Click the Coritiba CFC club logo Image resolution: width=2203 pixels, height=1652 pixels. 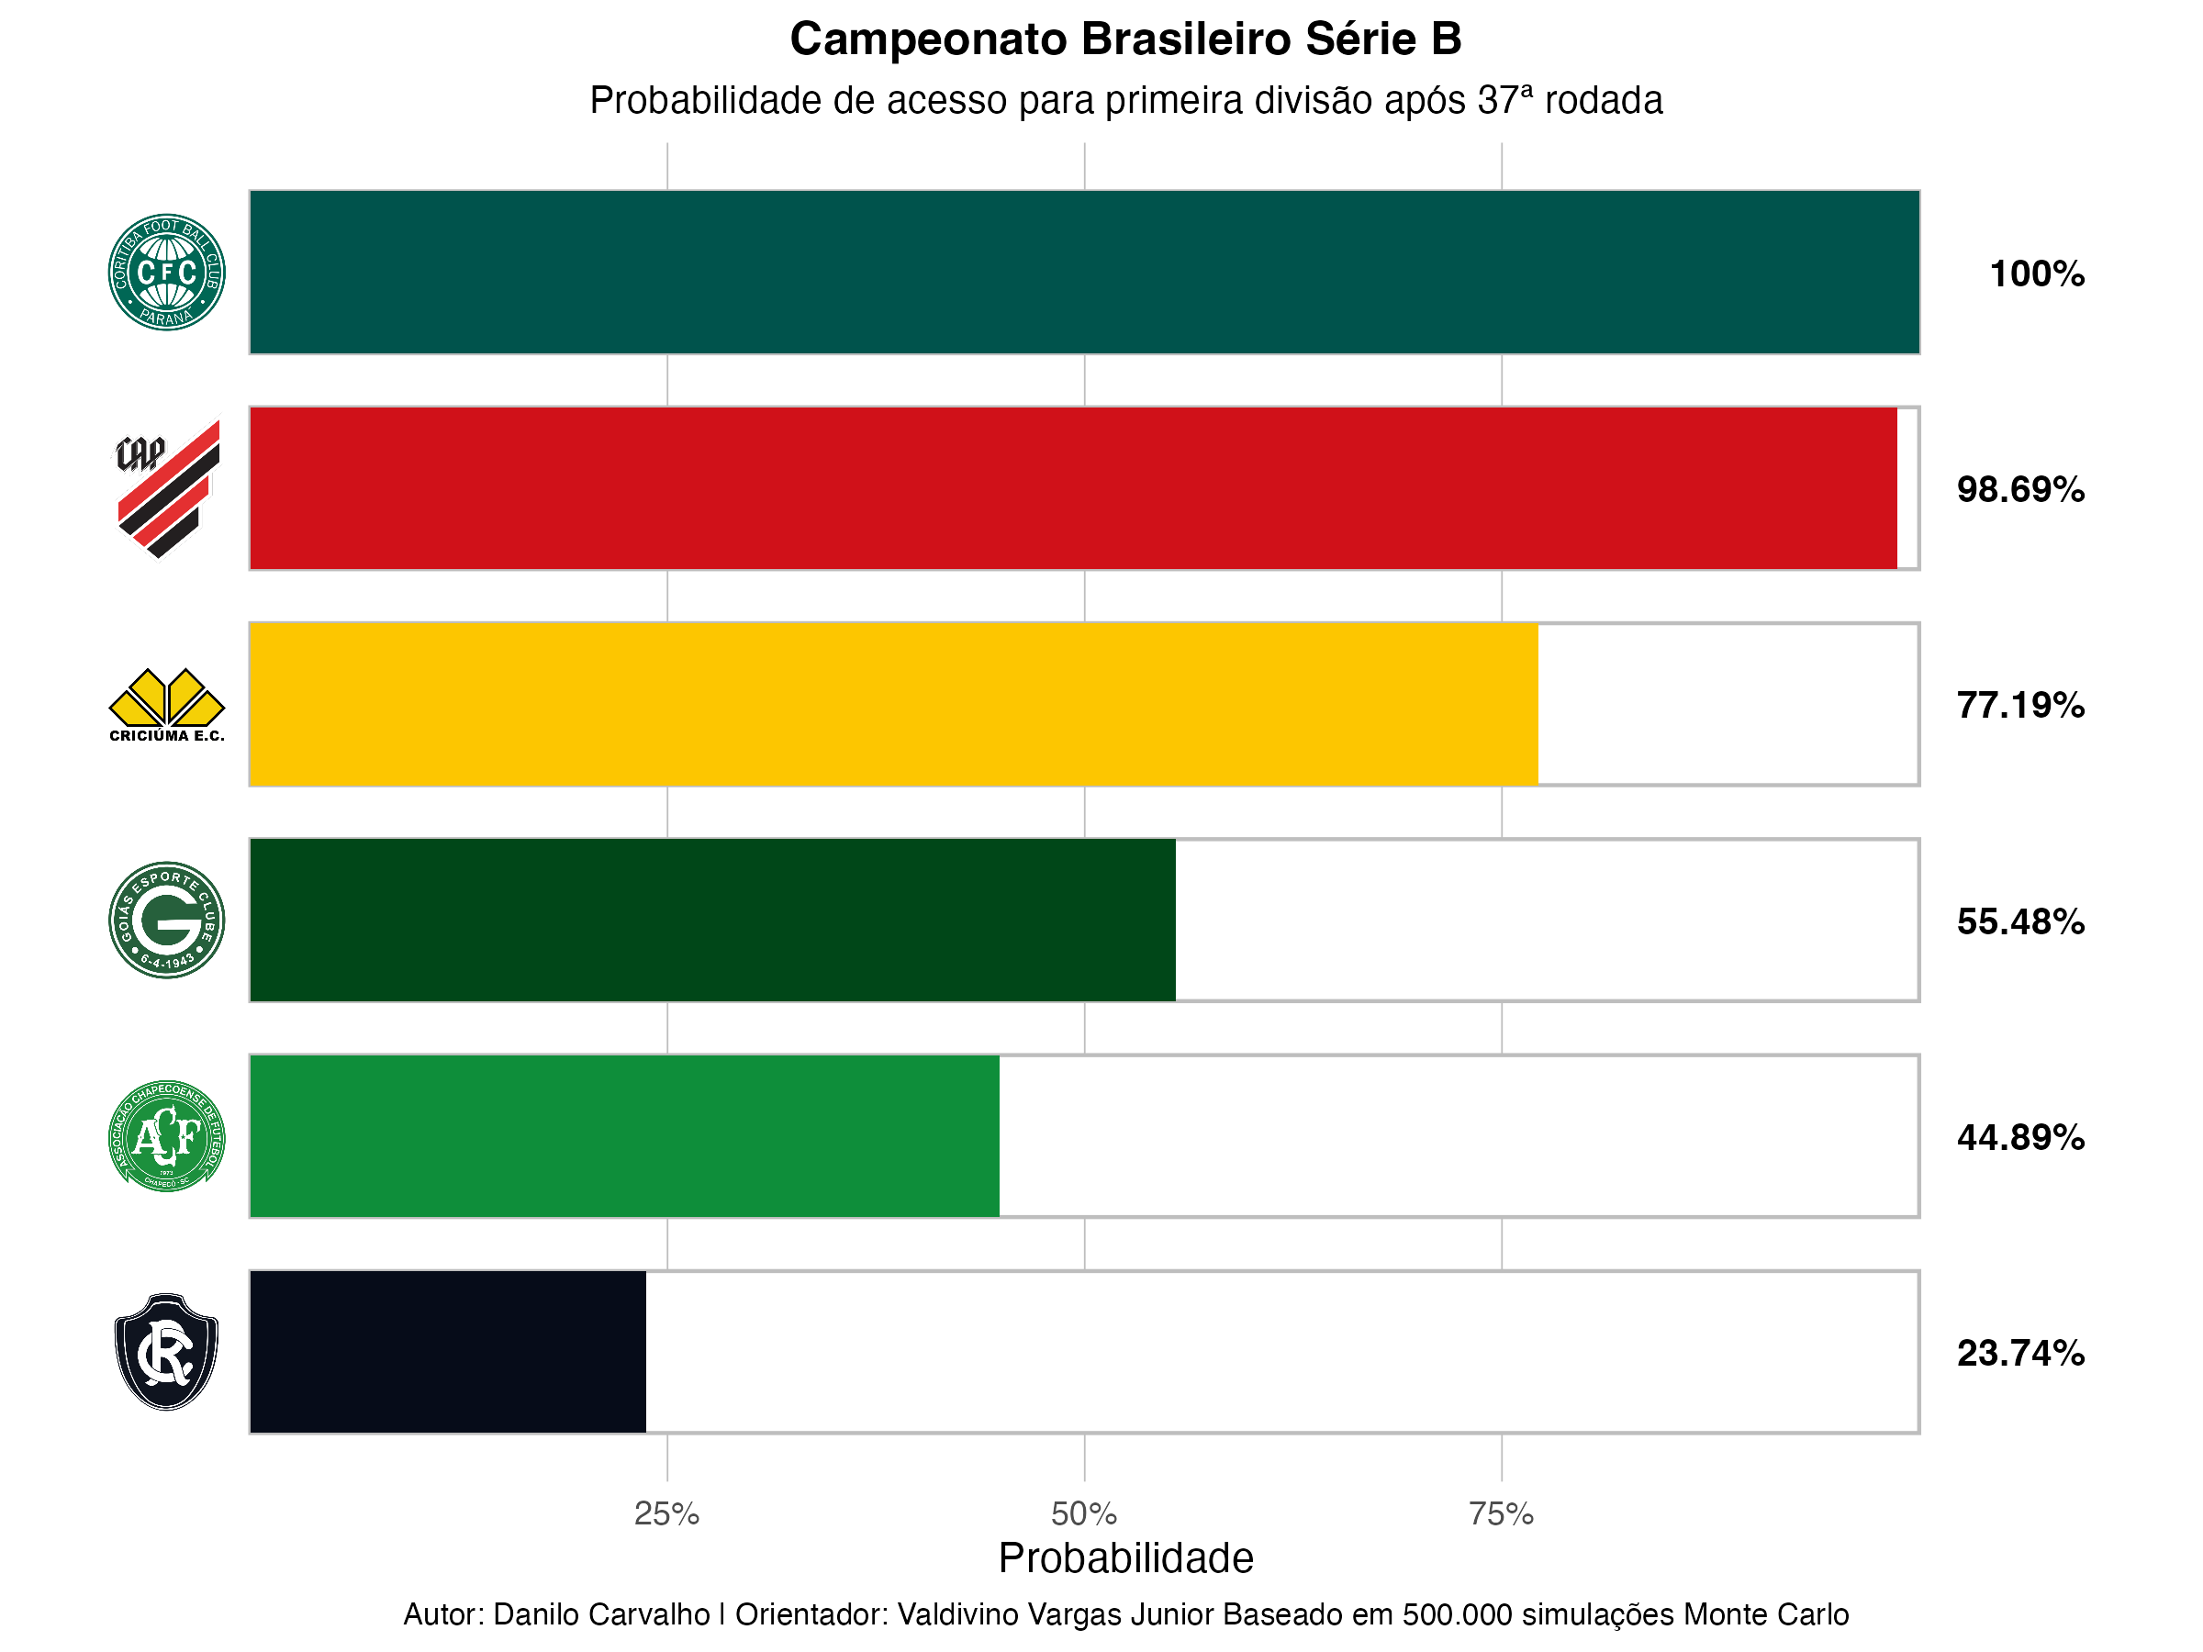click(x=166, y=272)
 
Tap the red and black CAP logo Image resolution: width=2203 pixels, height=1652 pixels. click(x=166, y=488)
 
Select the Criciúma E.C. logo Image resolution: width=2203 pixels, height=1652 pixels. click(x=166, y=705)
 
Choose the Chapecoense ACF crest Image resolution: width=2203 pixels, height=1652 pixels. click(x=166, y=1136)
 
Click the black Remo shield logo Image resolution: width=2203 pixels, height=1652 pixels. click(x=166, y=1351)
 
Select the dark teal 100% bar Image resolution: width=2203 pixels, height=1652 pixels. click(x=1083, y=272)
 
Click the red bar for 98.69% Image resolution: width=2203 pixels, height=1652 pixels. click(x=1073, y=488)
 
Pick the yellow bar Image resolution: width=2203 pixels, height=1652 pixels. click(x=893, y=704)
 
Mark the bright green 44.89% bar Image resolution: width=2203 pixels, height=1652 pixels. click(x=624, y=1136)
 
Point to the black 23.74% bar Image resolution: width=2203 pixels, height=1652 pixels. click(x=447, y=1352)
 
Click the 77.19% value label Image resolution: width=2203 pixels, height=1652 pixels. click(x=2019, y=705)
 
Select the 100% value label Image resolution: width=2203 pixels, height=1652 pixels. click(x=2037, y=273)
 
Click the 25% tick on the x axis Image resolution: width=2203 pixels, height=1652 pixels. click(x=666, y=1514)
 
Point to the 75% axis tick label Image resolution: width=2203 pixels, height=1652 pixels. click(x=1501, y=1514)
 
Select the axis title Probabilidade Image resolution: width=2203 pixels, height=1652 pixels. click(x=1125, y=1558)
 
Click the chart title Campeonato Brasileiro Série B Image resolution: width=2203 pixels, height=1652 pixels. click(x=1125, y=39)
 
